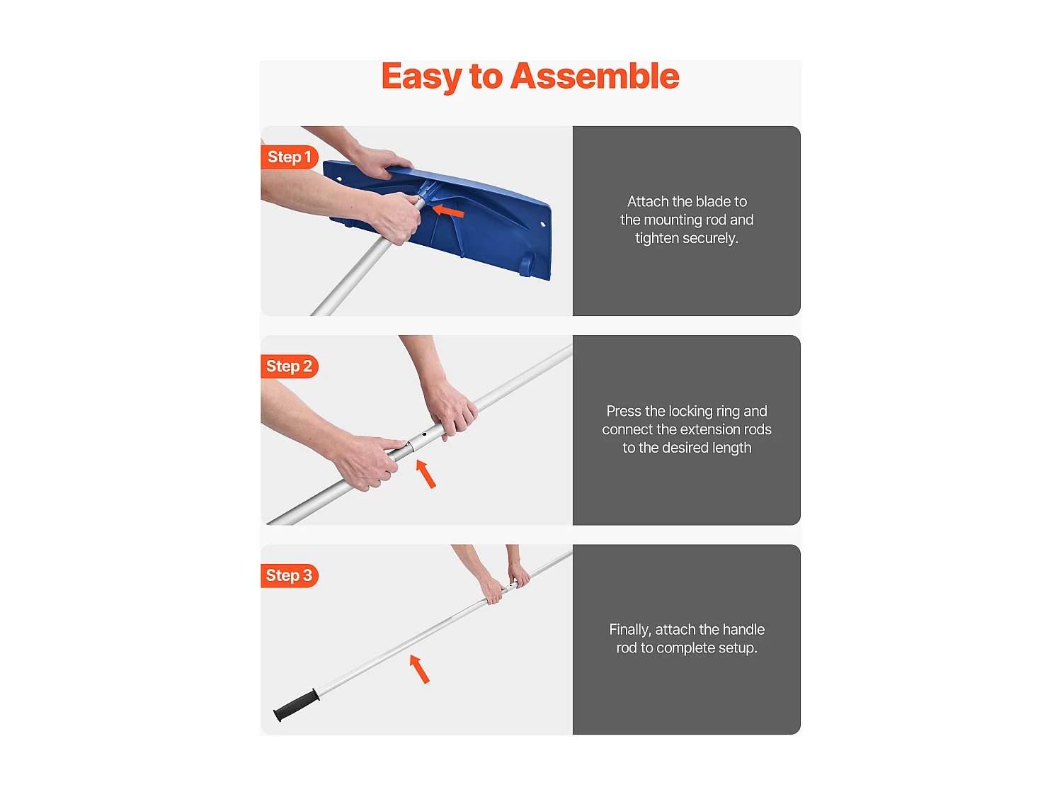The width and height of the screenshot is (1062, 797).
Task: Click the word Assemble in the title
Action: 595,76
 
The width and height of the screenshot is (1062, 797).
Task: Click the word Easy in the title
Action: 421,77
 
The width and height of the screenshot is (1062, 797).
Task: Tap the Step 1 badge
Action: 290,157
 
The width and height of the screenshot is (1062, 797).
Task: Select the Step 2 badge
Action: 290,366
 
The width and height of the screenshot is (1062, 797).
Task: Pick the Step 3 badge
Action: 290,575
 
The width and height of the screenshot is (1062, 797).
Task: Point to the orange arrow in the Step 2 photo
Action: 426,474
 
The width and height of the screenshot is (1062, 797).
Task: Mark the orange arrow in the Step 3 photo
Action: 419,669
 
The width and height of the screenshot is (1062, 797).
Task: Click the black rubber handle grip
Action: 296,705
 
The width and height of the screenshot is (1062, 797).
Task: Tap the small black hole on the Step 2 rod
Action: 424,434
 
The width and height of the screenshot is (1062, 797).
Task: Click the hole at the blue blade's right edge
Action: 543,224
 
